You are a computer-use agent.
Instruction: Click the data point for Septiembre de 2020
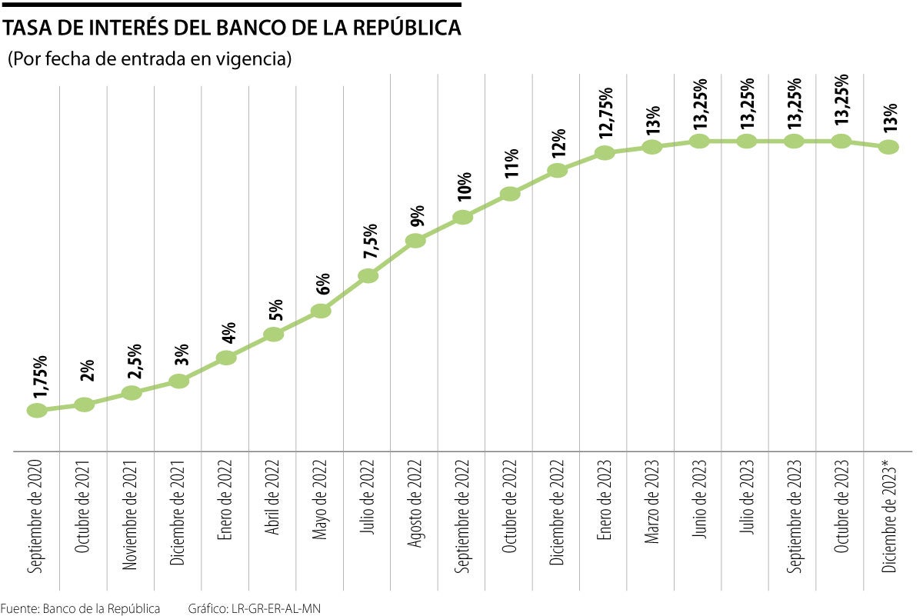(x=37, y=410)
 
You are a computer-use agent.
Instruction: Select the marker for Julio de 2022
(x=368, y=275)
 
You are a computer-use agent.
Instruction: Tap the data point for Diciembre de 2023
(x=888, y=146)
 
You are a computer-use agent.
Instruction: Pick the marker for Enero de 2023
(x=605, y=152)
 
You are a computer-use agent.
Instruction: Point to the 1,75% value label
(x=41, y=377)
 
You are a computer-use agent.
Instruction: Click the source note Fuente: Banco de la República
(x=81, y=608)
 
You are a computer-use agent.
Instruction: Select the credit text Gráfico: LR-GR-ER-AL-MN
(x=254, y=608)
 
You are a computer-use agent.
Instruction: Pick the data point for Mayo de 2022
(x=321, y=311)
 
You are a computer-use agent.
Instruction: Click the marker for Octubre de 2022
(x=510, y=194)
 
